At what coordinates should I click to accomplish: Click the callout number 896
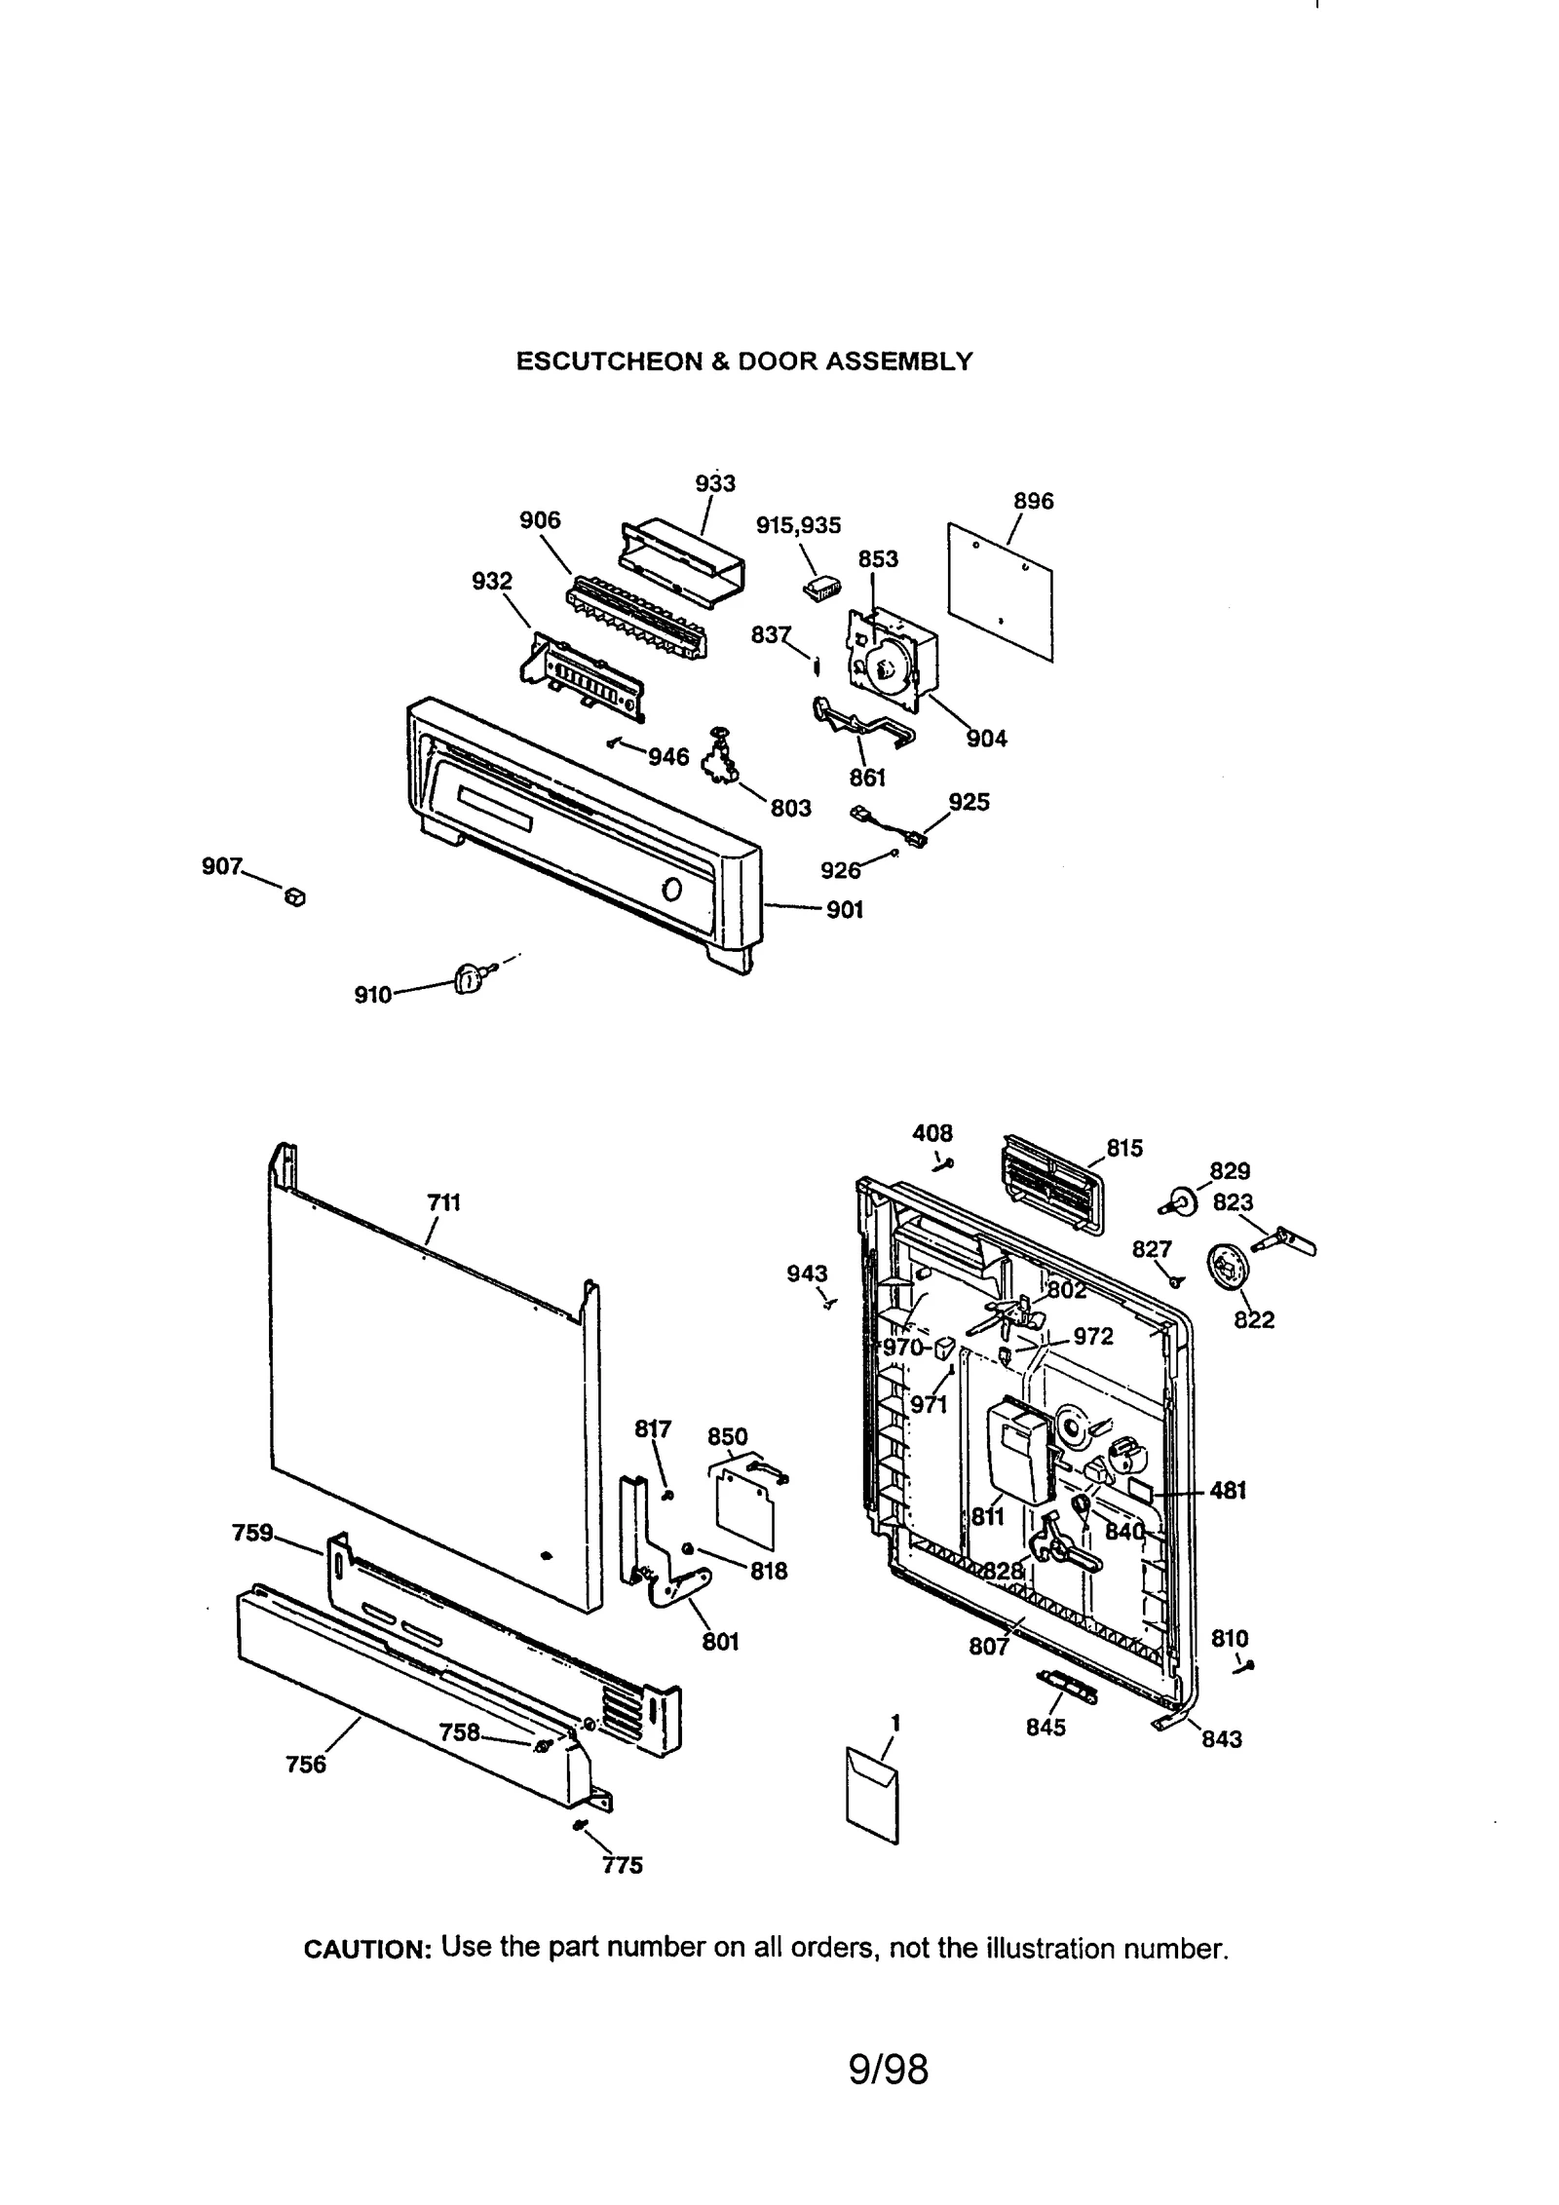click(x=1033, y=501)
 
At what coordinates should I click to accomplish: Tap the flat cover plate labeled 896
click(x=1001, y=590)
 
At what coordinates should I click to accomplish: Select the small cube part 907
click(x=294, y=896)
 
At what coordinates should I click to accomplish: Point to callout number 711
click(x=443, y=1202)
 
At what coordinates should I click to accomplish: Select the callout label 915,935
click(x=798, y=526)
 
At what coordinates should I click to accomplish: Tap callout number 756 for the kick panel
click(x=306, y=1765)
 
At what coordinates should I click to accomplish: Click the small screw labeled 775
click(x=581, y=1825)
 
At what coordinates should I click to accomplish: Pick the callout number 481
click(x=1228, y=1491)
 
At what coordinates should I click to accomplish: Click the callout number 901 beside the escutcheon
click(x=844, y=910)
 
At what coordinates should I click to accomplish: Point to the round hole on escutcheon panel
click(x=671, y=890)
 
